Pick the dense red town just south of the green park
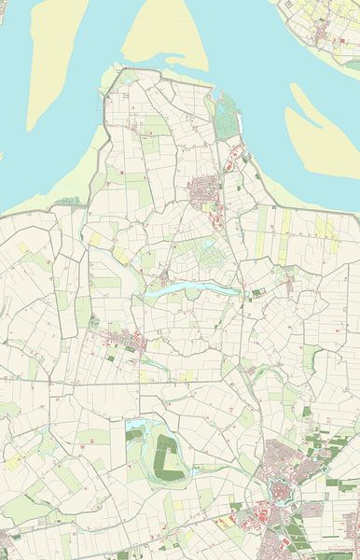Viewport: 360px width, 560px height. (x=204, y=193)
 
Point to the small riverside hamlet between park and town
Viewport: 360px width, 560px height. (x=233, y=149)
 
